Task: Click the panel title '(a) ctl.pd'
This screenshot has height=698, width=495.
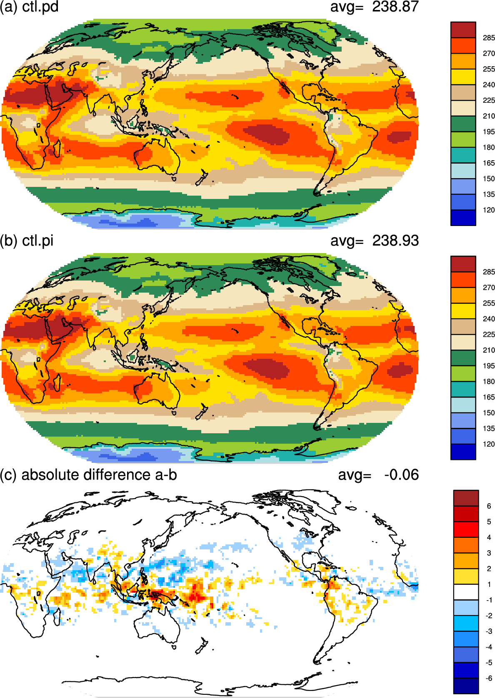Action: pyautogui.click(x=29, y=7)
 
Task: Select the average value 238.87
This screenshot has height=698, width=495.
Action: pyautogui.click(x=395, y=6)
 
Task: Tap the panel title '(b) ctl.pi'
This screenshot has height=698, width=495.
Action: pyautogui.click(x=27, y=241)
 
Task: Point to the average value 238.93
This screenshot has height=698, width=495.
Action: pyautogui.click(x=395, y=241)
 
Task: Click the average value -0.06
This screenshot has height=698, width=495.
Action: pyautogui.click(x=401, y=474)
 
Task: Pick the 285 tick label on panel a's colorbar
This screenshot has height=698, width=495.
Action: pyautogui.click(x=488, y=38)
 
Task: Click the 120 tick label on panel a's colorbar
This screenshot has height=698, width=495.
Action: pyautogui.click(x=488, y=210)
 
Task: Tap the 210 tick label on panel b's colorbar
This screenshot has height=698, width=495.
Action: pyautogui.click(x=488, y=350)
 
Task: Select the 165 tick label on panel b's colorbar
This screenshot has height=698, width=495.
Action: pyautogui.click(x=488, y=397)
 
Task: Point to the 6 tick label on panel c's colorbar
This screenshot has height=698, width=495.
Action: pyautogui.click(x=489, y=506)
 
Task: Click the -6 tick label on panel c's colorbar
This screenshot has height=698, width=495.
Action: pyautogui.click(x=488, y=678)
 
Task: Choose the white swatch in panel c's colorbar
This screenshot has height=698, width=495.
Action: pyautogui.click(x=466, y=592)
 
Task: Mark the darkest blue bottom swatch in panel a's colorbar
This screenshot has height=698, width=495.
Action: pyautogui.click(x=463, y=218)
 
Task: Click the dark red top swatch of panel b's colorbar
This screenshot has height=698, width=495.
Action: pyautogui.click(x=463, y=264)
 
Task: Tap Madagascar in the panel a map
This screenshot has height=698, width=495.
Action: pyautogui.click(x=57, y=149)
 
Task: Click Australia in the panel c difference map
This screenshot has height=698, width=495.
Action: pyautogui.click(x=157, y=626)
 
